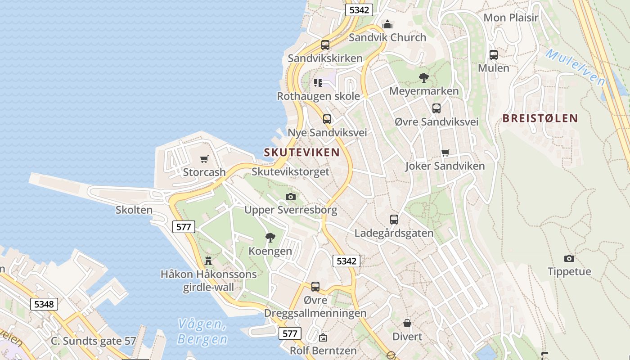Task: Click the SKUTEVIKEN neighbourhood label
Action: tap(301, 152)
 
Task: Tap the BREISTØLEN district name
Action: tap(540, 118)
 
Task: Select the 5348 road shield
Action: tap(44, 304)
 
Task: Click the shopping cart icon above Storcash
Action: tap(204, 159)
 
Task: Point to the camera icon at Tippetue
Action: tap(569, 258)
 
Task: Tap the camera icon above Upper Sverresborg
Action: tap(291, 197)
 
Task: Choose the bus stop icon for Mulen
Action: tap(494, 55)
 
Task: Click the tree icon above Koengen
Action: tap(270, 238)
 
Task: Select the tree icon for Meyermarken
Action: tap(423, 78)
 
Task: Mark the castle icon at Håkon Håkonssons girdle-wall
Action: tap(208, 261)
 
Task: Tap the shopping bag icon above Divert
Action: tap(407, 323)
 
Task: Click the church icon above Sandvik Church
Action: tap(387, 24)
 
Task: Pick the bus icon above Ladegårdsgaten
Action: tap(394, 220)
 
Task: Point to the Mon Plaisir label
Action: tap(511, 18)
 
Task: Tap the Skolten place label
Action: tap(134, 210)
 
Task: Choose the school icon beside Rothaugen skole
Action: tap(318, 83)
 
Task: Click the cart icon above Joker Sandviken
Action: tap(445, 153)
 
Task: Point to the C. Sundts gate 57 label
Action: tap(93, 341)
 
